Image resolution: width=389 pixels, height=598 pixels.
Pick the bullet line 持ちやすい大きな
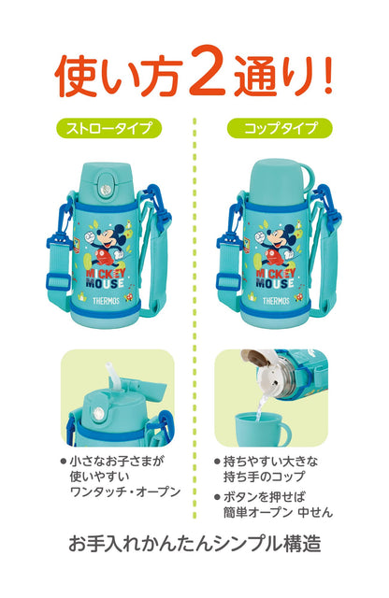pyautogui.click(x=273, y=461)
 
